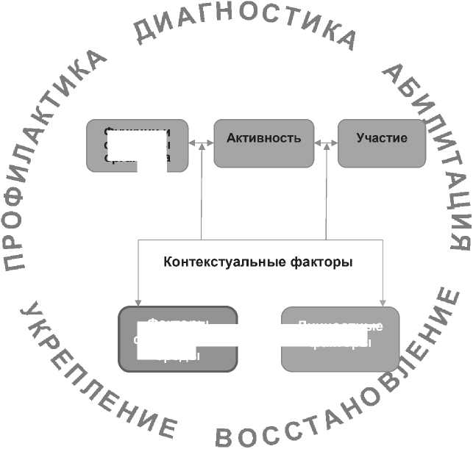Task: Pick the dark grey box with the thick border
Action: [178, 339]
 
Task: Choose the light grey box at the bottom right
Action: [341, 339]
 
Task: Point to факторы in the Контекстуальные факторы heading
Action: [323, 262]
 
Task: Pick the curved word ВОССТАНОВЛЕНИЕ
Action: [346, 397]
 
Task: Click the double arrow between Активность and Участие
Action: [326, 143]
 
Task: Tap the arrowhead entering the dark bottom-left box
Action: [138, 301]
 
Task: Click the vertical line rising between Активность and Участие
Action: [326, 191]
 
